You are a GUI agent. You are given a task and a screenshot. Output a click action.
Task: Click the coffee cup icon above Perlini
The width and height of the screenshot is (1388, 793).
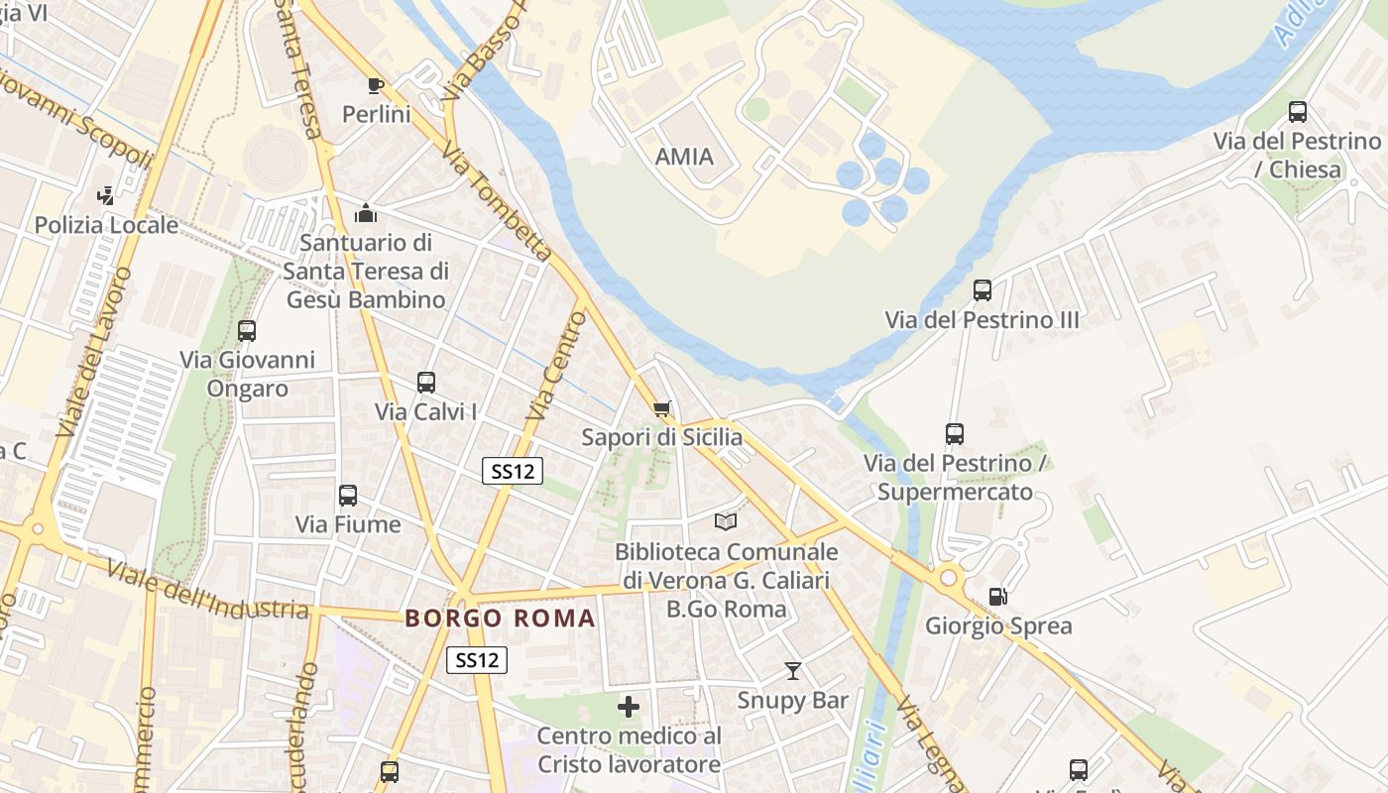pyautogui.click(x=376, y=85)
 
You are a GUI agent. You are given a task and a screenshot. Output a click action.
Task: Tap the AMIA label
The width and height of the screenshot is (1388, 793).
pyautogui.click(x=684, y=157)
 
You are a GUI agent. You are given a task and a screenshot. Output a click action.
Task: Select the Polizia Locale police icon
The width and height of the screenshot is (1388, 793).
pyautogui.click(x=106, y=196)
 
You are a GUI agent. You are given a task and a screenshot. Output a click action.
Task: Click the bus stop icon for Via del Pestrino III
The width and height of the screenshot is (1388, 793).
pyautogui.click(x=982, y=290)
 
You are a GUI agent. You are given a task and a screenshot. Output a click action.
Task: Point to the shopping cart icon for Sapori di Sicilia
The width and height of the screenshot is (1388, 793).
pyautogui.click(x=662, y=408)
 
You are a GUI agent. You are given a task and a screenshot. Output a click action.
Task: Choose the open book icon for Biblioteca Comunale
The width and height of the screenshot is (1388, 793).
pyautogui.click(x=726, y=521)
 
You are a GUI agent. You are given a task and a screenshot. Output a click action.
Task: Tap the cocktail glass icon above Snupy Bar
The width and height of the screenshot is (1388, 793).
pyautogui.click(x=792, y=671)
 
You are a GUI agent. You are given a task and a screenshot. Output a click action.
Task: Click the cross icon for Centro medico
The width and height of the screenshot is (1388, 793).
pyautogui.click(x=629, y=707)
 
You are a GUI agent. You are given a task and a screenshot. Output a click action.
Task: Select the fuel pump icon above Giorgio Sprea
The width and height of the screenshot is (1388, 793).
pyautogui.click(x=998, y=597)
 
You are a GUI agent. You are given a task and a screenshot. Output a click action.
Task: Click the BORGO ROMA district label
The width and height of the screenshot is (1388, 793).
pyautogui.click(x=501, y=619)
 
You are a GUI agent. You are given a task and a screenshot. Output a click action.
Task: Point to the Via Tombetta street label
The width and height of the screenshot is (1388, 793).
pyautogui.click(x=497, y=201)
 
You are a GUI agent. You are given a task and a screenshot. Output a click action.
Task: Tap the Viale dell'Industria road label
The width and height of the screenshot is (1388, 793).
pyautogui.click(x=207, y=591)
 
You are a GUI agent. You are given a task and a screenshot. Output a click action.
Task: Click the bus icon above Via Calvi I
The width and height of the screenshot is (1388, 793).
pyautogui.click(x=426, y=382)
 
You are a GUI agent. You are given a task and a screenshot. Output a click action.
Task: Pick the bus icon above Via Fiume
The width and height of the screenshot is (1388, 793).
pyautogui.click(x=347, y=495)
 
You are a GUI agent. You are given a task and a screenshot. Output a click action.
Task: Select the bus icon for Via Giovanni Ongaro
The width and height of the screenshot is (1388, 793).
pyautogui.click(x=247, y=330)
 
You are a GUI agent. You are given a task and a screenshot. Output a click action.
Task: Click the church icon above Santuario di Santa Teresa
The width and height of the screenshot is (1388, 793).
pyautogui.click(x=366, y=212)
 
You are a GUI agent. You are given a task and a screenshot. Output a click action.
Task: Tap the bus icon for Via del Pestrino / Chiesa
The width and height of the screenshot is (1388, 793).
pyautogui.click(x=1297, y=112)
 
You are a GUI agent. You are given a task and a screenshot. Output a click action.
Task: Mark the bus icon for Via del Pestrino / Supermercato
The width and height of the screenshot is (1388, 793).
pyautogui.click(x=955, y=434)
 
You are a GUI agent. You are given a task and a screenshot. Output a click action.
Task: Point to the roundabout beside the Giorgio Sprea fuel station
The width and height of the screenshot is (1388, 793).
pyautogui.click(x=949, y=576)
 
